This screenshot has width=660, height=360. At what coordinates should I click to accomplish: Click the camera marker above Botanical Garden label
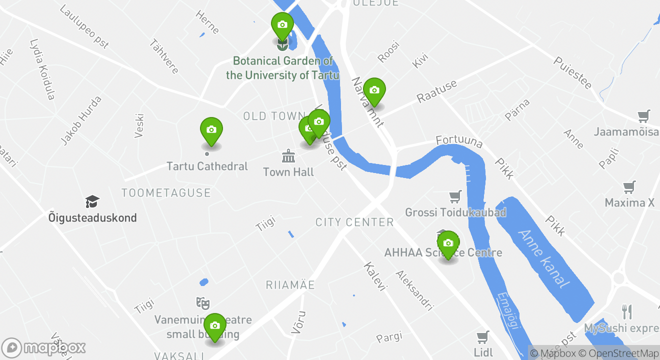click(282, 25)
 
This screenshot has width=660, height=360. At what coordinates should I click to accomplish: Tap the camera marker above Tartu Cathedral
click(211, 130)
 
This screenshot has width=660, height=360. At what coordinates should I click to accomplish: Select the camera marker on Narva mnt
click(374, 90)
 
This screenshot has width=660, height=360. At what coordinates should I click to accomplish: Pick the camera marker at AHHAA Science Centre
click(448, 243)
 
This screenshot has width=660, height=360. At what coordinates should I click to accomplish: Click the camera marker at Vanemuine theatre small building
click(215, 326)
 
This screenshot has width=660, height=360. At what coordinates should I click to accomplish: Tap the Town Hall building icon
click(288, 156)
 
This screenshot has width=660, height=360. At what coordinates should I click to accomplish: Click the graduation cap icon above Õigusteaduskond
click(92, 202)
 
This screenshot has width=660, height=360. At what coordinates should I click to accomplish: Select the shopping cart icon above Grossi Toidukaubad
click(455, 196)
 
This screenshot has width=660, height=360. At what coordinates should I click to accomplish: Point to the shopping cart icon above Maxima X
click(629, 187)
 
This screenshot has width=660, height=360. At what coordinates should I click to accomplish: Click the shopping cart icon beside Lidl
click(482, 336)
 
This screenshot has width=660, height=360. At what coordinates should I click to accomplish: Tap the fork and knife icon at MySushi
click(627, 312)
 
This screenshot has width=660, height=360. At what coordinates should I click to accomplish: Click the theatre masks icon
click(202, 302)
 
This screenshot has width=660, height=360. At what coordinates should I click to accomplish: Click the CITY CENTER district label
click(354, 222)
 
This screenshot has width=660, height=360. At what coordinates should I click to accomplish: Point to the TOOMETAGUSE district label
click(166, 193)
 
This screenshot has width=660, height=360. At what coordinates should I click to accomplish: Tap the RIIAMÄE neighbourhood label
click(290, 285)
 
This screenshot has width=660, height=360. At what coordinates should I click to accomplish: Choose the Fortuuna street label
click(459, 141)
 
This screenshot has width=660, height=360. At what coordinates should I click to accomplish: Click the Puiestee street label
click(572, 72)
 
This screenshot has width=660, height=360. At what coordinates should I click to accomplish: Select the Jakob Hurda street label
click(81, 120)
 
